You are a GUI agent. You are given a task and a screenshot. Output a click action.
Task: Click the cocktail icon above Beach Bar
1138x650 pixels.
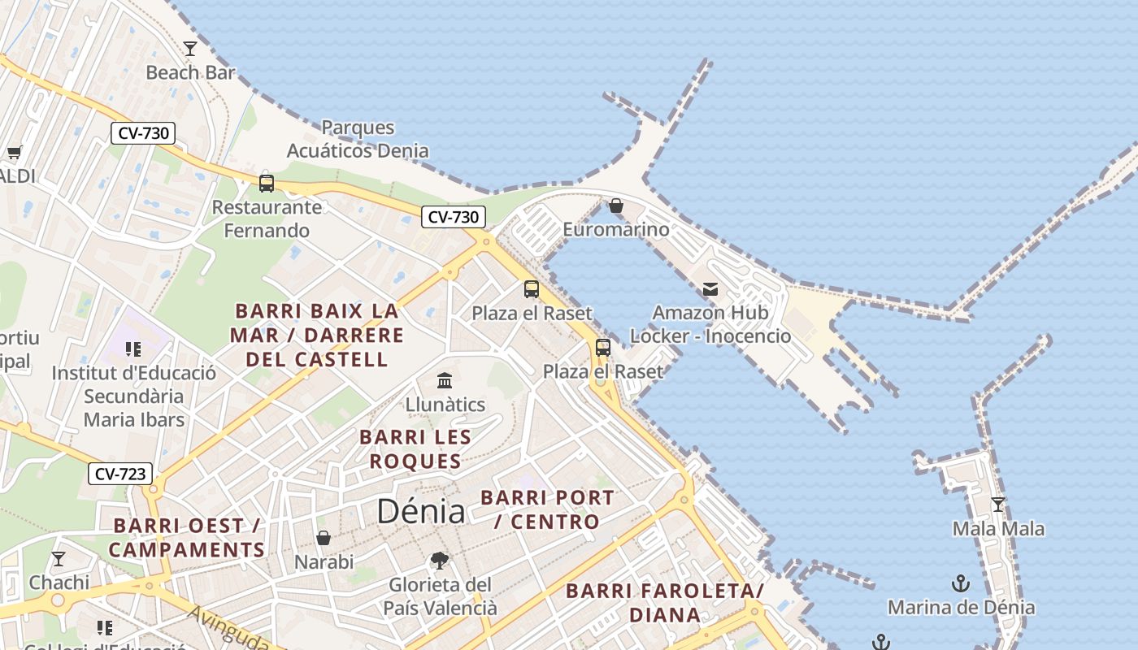tap(190, 49)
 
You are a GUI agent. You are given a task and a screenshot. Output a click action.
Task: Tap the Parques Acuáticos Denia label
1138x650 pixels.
tap(358, 139)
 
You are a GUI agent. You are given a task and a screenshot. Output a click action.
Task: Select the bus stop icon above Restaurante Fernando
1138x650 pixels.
tap(267, 183)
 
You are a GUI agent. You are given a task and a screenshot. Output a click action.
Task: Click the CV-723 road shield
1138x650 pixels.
tap(120, 474)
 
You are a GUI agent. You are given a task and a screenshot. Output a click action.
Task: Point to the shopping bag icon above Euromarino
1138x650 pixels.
tap(616, 206)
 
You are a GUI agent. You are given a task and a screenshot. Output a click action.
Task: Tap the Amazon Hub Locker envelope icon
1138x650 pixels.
tap(710, 288)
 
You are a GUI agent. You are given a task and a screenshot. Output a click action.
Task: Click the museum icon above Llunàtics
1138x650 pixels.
tap(445, 380)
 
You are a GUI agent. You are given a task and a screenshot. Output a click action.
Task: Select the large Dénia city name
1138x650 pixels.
tap(421, 511)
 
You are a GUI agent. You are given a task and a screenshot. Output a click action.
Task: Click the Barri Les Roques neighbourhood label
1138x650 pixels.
tap(415, 449)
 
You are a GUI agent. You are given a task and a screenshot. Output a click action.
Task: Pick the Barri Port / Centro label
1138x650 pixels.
tap(547, 509)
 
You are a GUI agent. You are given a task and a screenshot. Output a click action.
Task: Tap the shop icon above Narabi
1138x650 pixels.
tap(324, 538)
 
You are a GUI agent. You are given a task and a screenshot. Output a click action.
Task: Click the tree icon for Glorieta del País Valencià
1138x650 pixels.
tap(439, 561)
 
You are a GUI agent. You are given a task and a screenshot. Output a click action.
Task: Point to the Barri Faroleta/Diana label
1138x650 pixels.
tap(665, 603)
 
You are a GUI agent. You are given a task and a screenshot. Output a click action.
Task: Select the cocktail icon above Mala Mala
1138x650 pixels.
tap(998, 505)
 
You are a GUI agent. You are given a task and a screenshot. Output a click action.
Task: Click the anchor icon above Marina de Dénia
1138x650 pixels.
tap(961, 583)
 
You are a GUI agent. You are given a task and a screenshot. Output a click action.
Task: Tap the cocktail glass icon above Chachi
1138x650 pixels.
tap(59, 558)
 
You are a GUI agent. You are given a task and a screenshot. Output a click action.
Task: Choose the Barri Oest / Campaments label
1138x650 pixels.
tap(187, 538)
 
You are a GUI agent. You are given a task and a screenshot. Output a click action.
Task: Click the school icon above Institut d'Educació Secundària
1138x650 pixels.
tap(133, 349)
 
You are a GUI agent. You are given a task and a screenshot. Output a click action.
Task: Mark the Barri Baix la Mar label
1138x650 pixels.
tap(317, 335)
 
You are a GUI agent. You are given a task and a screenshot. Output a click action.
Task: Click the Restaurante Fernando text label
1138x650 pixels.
tap(267, 219)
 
